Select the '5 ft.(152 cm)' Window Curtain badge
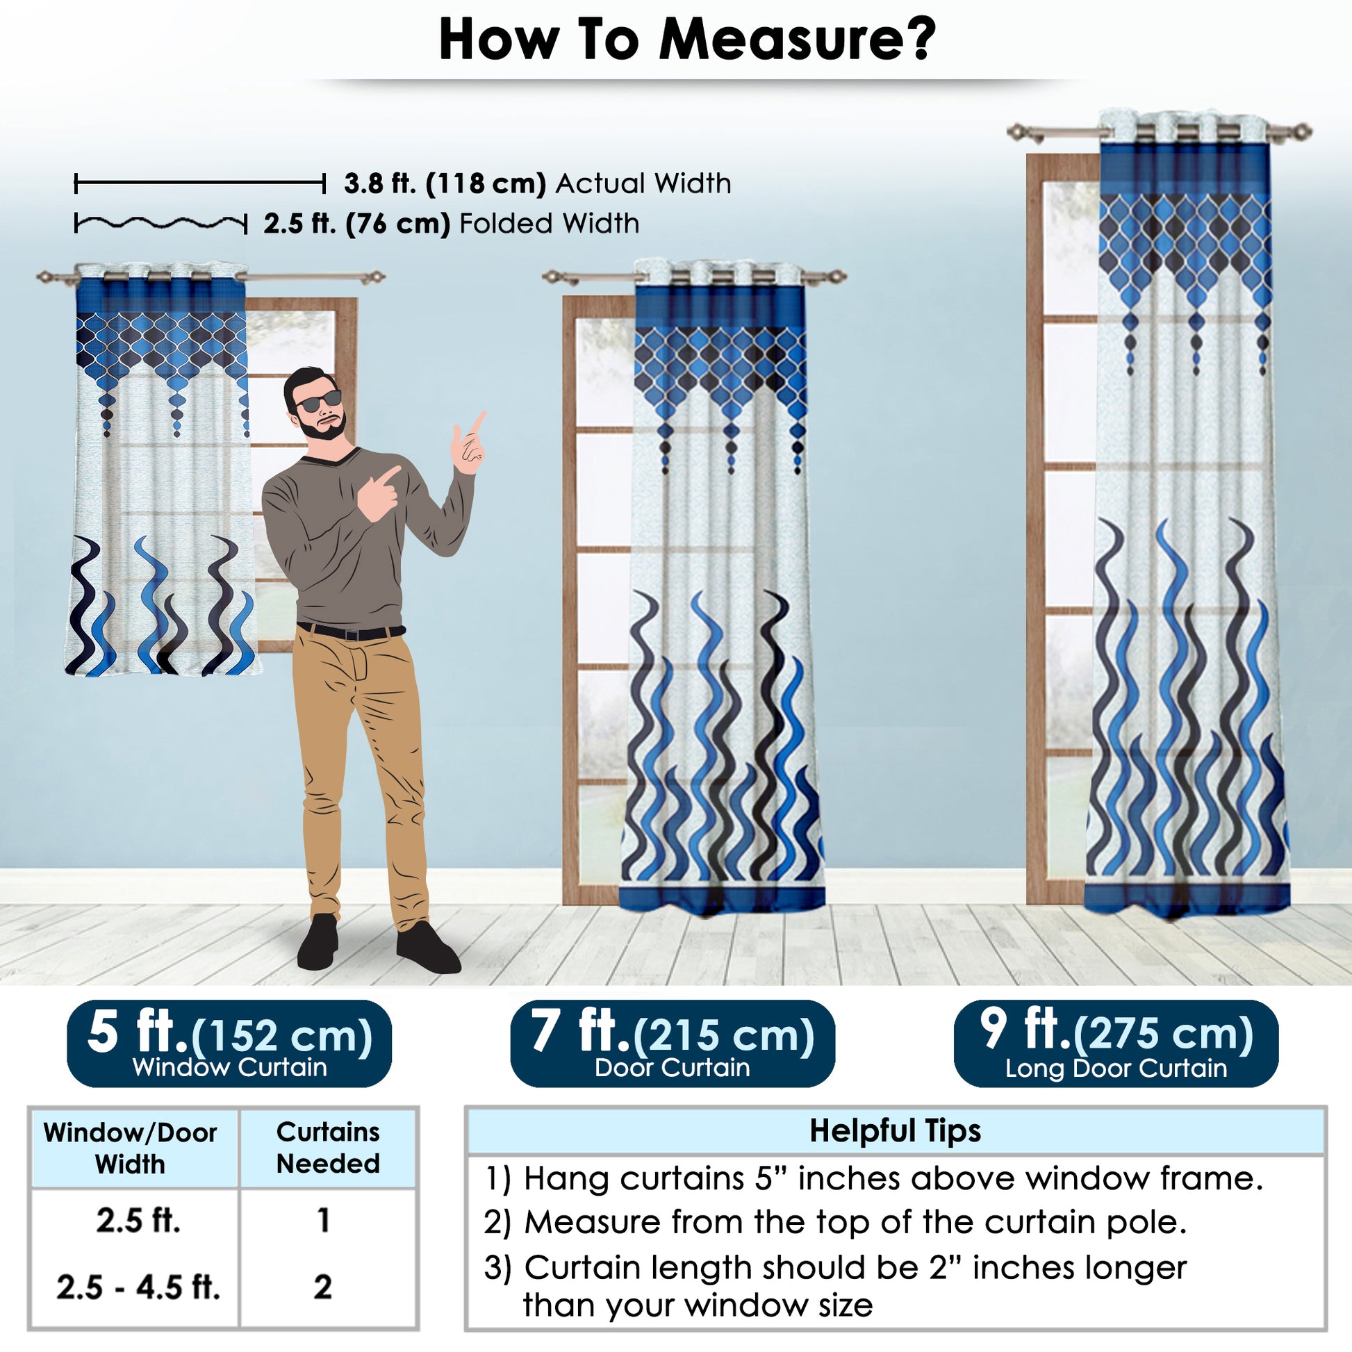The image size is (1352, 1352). [229, 1044]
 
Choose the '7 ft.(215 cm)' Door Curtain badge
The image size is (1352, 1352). [673, 1044]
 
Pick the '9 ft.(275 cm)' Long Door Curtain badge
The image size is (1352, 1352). [1116, 1044]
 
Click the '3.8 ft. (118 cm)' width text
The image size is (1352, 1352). [445, 183]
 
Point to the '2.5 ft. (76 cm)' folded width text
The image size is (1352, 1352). [357, 224]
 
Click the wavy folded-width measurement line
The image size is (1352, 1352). [161, 224]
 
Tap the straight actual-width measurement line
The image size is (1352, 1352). [200, 184]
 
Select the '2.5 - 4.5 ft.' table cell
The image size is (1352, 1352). [138, 1287]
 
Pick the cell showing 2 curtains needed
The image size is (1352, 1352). [322, 1287]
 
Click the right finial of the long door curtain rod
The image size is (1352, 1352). [1300, 131]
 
